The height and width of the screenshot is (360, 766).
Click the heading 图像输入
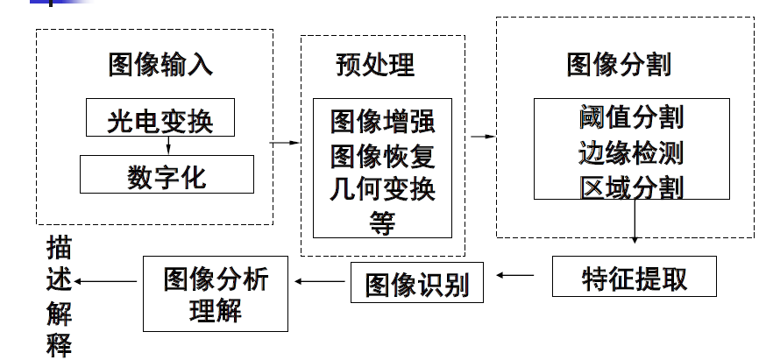pos(160,65)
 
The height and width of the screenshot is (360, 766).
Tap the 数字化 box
pos(167,176)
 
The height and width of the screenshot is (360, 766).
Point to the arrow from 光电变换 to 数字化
pos(167,146)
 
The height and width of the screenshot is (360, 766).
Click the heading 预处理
pos(375,65)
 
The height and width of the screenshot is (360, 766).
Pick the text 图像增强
pos(382,120)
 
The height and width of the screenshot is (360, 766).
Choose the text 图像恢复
pos(382,155)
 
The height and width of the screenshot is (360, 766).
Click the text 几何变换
pos(382,189)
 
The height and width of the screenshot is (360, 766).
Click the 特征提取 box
pos(635,278)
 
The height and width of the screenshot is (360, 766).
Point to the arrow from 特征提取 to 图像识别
pos(521,275)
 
